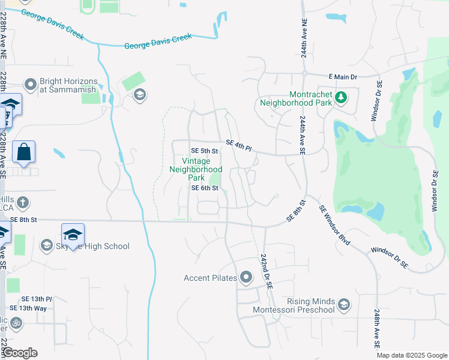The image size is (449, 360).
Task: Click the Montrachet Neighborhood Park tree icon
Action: point(340,97)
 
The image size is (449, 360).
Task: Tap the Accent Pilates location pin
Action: point(246,277)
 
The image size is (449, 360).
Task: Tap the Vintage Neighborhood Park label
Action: point(196,169)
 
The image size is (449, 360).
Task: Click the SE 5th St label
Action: point(203,151)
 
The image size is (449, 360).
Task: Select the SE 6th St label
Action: point(203,188)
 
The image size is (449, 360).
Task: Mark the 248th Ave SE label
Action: point(376,329)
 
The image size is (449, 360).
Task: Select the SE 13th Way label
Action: point(32,308)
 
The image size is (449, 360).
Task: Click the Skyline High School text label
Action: point(92,246)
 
